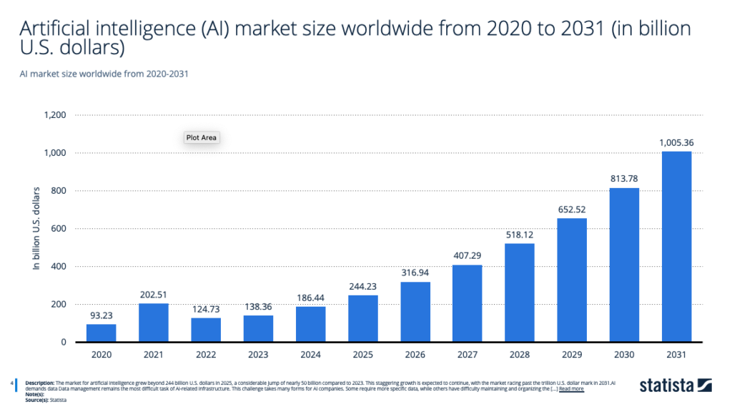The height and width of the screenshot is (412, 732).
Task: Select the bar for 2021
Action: tap(154, 323)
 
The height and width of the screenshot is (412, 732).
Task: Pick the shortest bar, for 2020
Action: tap(102, 333)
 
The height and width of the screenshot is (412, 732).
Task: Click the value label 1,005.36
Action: tap(676, 143)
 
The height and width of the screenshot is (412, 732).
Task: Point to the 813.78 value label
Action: tap(624, 180)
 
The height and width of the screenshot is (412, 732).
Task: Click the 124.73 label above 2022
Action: tap(206, 310)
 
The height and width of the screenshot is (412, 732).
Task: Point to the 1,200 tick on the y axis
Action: tap(55, 115)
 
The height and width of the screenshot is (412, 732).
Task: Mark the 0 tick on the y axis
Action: tap(64, 343)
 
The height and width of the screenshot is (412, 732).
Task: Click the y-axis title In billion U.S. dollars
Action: tap(36, 228)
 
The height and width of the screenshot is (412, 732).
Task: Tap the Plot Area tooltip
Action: tap(201, 137)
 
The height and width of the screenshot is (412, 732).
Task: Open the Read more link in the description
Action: tap(571, 389)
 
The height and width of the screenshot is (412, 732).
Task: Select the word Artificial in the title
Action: tap(57, 29)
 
